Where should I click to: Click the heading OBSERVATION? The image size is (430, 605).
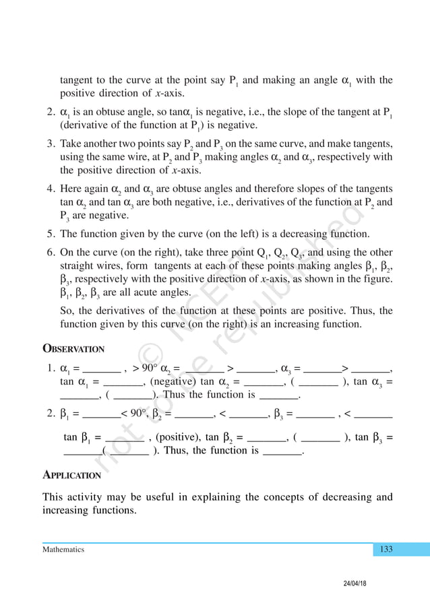pos(73,349)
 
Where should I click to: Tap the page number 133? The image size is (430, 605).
pos(386,549)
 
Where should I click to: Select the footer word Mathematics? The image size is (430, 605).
pos(63,550)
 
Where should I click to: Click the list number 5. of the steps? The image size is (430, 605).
pos(51,234)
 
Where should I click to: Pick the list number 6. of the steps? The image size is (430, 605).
pos(51,253)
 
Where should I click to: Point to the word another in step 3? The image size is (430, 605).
pos(101,144)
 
